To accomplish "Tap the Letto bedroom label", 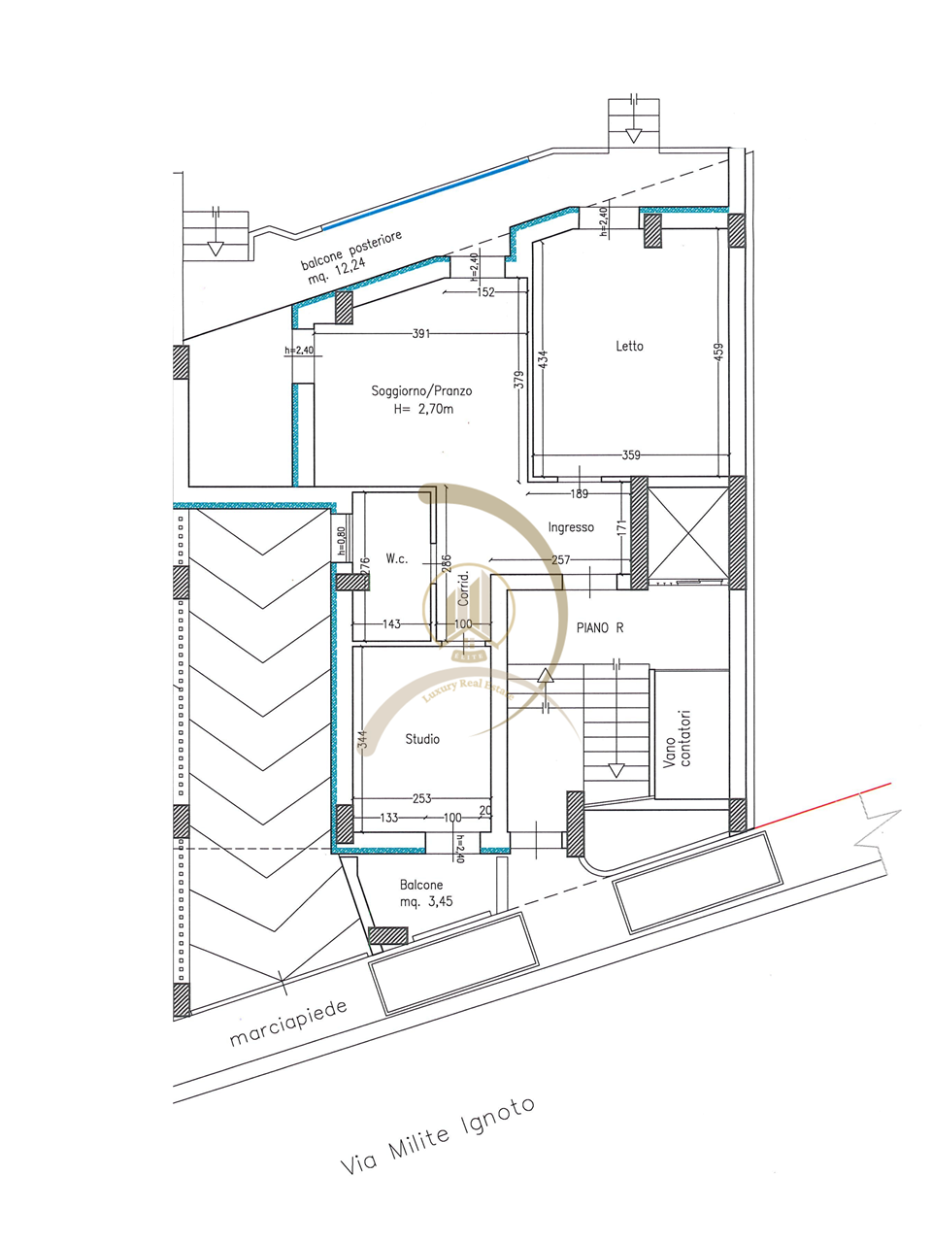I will pos(629,346).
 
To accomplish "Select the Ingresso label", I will pos(571,527).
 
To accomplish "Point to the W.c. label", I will pos(396,558).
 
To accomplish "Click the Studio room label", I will pos(422,739).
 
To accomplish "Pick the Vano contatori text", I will pos(677,738).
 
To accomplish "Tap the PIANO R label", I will pos(600,628).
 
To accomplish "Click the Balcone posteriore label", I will pos(350,249).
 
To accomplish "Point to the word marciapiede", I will pos(288,1025).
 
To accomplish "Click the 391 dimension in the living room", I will pos(420,333).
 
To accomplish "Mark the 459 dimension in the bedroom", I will pos(718,351).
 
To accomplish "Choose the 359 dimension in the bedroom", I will pos(631,454).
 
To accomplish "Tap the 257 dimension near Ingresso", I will pos(560,560).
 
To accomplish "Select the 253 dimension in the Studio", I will pos(421,799).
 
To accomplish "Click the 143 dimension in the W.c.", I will pos(391,623).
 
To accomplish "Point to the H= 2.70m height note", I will pos(422,409).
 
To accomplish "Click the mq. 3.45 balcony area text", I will pos(426,901).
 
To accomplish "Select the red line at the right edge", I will pos(825,803).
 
